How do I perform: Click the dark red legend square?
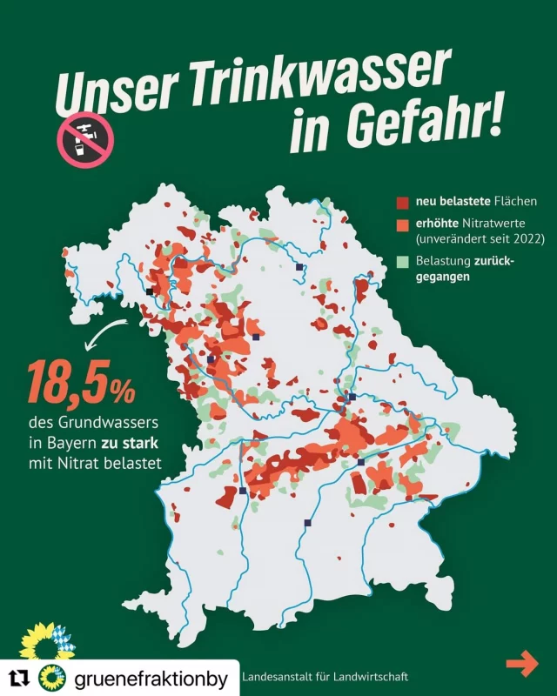pos(402,204)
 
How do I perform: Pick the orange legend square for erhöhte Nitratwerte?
pos(402,224)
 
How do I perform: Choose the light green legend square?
pos(402,261)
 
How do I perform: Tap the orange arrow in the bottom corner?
pos(522,664)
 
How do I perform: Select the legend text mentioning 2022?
pos(480,238)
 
